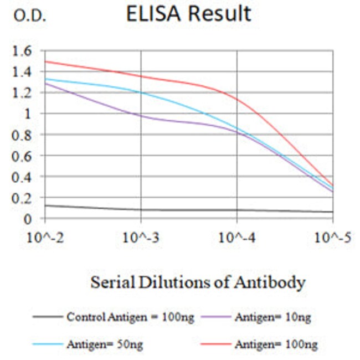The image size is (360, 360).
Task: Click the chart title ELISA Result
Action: (188, 14)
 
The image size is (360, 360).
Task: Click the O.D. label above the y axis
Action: (30, 16)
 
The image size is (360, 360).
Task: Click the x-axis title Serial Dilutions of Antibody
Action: (198, 282)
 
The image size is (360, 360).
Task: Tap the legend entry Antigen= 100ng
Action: (276, 344)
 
